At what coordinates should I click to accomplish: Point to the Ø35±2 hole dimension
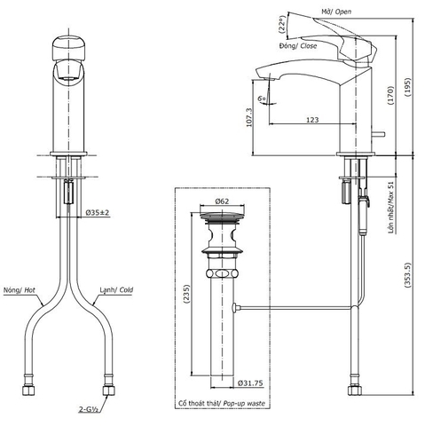(98, 213)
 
